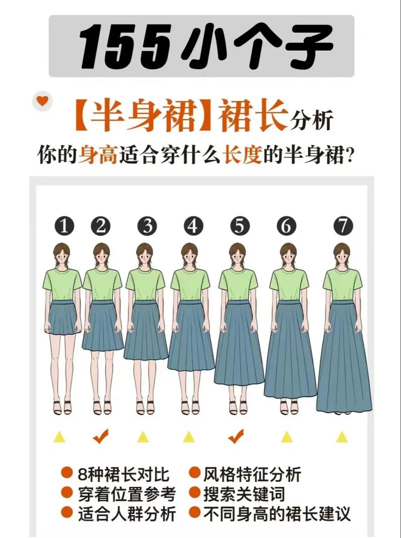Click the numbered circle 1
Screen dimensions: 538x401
click(x=64, y=227)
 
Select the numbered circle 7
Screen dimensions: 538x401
click(x=343, y=227)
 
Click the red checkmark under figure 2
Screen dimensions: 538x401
click(x=101, y=436)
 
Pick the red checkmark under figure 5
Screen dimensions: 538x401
click(x=236, y=436)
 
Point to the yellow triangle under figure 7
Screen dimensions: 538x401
click(x=342, y=437)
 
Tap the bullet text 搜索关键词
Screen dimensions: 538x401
click(x=244, y=494)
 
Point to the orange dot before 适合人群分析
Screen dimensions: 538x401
click(x=67, y=513)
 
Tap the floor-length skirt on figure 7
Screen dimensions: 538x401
click(x=343, y=361)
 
